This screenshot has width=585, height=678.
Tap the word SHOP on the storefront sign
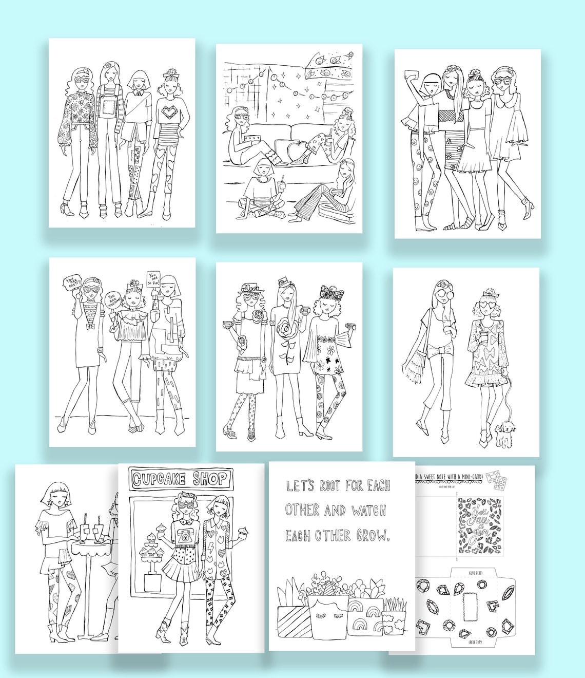tap(209, 479)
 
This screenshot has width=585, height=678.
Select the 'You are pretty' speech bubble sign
tap(71, 281)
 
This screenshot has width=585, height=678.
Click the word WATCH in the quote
tap(369, 510)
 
